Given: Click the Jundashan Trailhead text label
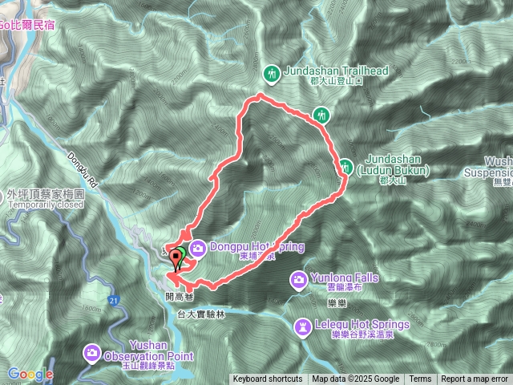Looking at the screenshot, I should tap(336, 71).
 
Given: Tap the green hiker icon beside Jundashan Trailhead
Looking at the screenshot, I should tap(272, 73).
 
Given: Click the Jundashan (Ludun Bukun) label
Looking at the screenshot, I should tap(398, 164).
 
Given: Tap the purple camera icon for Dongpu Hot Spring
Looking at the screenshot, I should tap(198, 247).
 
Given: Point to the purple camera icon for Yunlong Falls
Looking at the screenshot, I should tap(298, 278).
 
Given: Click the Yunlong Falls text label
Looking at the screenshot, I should tap(345, 278).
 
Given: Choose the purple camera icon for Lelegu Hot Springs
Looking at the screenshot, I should tap(303, 326).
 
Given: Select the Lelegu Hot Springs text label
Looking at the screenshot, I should tap(362, 325).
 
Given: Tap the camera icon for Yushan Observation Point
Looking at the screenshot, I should tap(93, 352).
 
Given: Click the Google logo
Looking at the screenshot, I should tap(30, 374).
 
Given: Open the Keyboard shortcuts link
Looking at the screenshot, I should tap(268, 379).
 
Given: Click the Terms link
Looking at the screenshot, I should tap(420, 379).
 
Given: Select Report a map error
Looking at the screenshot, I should tap(475, 379).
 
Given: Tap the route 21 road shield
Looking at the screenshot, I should tap(115, 300).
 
